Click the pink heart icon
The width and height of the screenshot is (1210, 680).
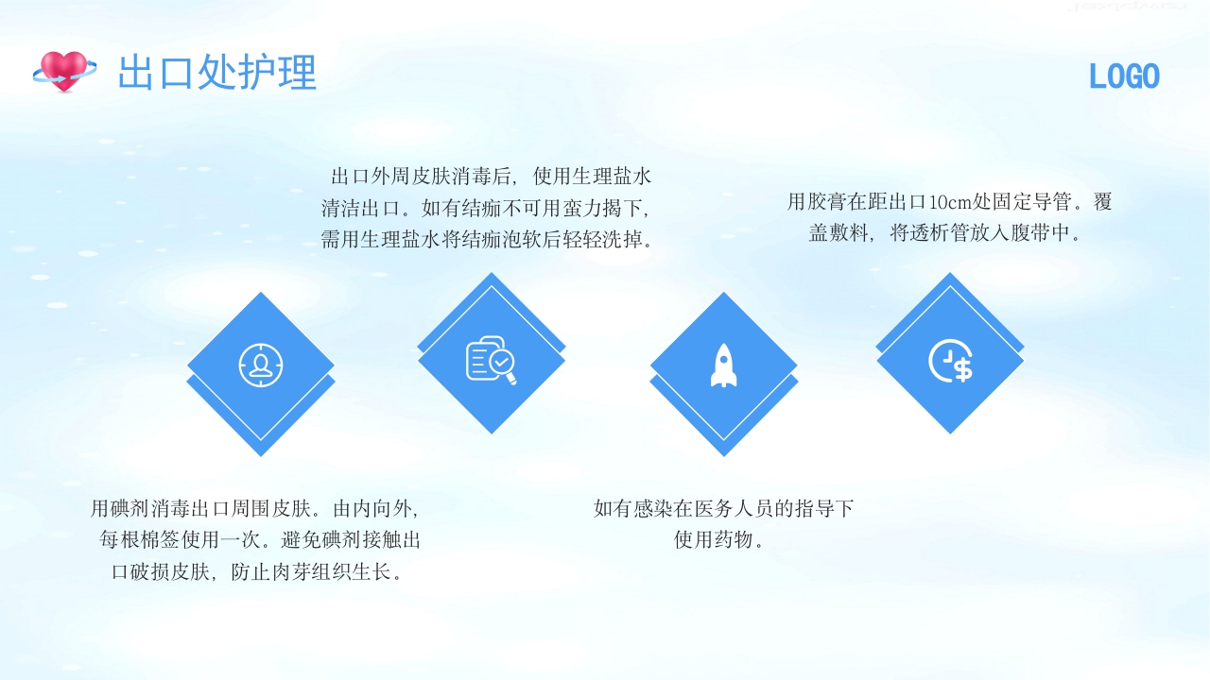[64, 71]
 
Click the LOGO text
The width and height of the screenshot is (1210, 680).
[1124, 76]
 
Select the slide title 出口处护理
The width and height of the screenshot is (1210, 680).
[216, 73]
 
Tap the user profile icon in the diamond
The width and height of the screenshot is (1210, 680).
[261, 365]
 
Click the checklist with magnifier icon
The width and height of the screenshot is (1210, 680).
[491, 360]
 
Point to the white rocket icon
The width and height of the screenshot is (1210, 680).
[723, 365]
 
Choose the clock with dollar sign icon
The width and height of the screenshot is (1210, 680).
[950, 362]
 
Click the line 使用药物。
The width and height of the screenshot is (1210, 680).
[719, 541]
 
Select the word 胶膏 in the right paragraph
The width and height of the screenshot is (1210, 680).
[828, 202]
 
